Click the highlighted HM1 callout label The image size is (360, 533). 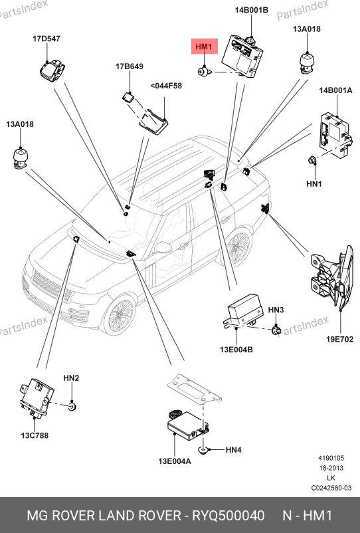click(x=204, y=47)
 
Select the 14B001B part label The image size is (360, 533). click(x=251, y=10)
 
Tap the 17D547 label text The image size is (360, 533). click(x=46, y=39)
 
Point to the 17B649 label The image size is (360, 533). click(x=130, y=66)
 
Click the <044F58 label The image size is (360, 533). click(x=166, y=86)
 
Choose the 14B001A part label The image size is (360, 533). click(x=335, y=90)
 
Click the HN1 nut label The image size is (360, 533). click(x=314, y=184)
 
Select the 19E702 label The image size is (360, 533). click(x=339, y=339)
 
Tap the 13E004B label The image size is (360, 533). click(x=236, y=350)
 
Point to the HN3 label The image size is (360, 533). click(x=276, y=310)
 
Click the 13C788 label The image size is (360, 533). click(x=35, y=435)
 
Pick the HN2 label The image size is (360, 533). click(x=71, y=378)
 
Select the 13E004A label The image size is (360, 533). click(x=175, y=461)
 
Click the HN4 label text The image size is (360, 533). click(x=234, y=450)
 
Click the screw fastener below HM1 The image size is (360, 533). click(x=205, y=72)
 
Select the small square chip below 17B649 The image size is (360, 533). click(x=128, y=97)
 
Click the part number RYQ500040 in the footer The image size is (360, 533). click(x=228, y=516)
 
